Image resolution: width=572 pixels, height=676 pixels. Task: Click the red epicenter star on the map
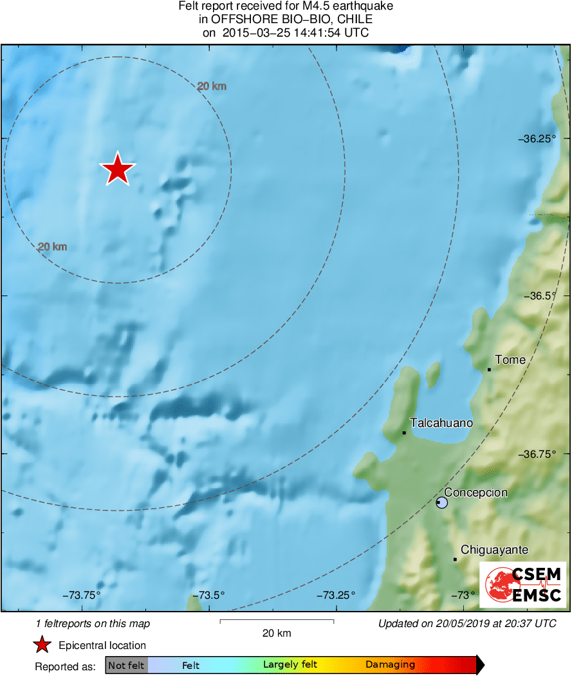117,170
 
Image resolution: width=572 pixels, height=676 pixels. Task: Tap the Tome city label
510,360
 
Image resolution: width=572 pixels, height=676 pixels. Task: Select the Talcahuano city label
441,423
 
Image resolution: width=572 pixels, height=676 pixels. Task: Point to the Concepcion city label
475,493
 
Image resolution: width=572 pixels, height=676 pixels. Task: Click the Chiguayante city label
494,550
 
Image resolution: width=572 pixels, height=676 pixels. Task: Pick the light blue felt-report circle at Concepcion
441,502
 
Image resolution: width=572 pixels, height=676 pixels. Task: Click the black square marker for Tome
490,370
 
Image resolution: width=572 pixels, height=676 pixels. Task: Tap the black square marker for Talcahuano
404,433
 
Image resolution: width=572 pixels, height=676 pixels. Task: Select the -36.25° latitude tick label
537,138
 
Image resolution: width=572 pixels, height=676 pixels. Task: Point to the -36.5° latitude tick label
539,296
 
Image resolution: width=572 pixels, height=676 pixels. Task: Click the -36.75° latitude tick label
537,454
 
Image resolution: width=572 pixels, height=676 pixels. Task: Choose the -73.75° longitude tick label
82,594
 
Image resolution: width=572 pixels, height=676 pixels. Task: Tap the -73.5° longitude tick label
208,594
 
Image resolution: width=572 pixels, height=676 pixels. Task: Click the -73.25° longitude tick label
335,594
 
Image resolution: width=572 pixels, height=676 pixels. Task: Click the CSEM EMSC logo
523,585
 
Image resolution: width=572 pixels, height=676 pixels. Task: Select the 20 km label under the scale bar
277,634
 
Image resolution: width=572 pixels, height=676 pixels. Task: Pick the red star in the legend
42,645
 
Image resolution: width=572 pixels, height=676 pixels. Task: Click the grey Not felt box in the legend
126,665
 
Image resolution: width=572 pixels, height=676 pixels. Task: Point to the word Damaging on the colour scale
390,665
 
